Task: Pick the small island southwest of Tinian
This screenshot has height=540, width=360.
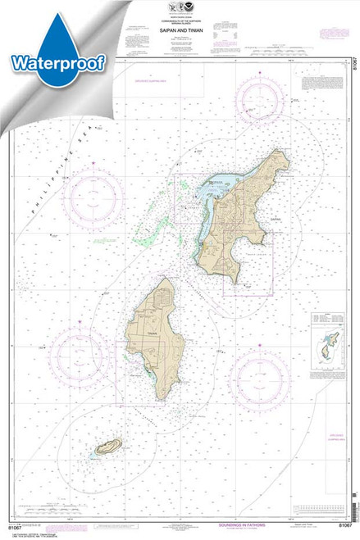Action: point(108,447)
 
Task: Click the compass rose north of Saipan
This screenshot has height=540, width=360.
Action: point(261,100)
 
